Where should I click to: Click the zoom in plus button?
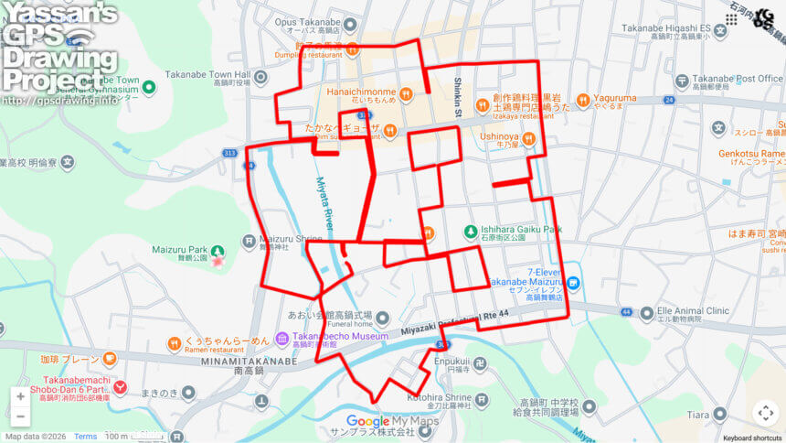coord(20,396)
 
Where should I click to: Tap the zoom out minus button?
coord(20,416)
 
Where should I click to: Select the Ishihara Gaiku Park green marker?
coord(470,232)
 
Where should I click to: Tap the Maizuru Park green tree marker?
coord(218,252)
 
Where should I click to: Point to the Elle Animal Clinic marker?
coord(648,313)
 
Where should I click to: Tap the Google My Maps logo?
coord(392,422)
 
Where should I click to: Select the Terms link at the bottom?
coord(85,437)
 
